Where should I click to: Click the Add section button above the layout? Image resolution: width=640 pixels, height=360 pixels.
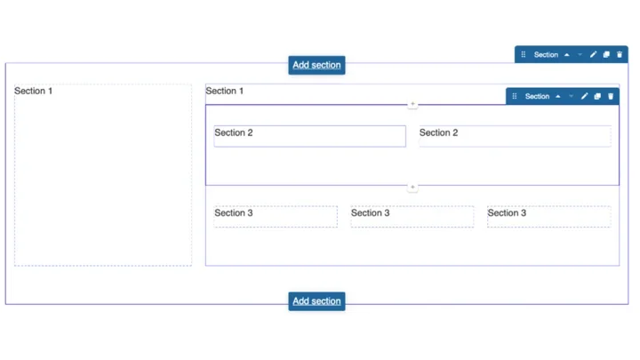coord(316,65)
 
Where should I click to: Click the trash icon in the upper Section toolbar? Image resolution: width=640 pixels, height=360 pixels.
coord(620,54)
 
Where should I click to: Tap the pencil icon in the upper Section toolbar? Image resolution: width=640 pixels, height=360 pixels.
coord(594,54)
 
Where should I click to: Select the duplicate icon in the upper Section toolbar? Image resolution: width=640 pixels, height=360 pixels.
coord(606,54)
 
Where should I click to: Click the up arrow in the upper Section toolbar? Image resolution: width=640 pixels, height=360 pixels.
coord(567,54)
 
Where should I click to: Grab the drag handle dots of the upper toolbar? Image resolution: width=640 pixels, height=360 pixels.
coord(524,54)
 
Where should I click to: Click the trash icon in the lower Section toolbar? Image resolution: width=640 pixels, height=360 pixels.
coord(611,96)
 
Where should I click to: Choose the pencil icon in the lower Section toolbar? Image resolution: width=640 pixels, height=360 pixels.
coord(585,96)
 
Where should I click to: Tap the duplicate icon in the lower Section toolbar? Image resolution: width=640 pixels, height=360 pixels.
coord(597,96)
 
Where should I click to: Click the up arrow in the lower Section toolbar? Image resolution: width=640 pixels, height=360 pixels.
coord(558,96)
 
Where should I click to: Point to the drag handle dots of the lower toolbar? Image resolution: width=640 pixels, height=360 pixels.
coord(515,96)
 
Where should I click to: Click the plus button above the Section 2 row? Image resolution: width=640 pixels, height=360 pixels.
coord(412,104)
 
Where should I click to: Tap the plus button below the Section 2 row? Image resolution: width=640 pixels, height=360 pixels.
coord(412,187)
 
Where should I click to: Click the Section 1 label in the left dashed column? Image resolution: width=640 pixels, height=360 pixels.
coord(34,91)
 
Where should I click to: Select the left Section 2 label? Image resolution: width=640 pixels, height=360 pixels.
coord(234,132)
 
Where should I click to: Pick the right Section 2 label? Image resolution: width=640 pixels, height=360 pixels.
coord(439,132)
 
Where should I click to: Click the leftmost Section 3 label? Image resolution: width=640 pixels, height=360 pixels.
coord(234,212)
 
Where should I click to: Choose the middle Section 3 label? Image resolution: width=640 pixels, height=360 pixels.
coord(371,212)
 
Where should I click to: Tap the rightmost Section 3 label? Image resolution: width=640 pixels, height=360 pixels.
coord(507,212)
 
